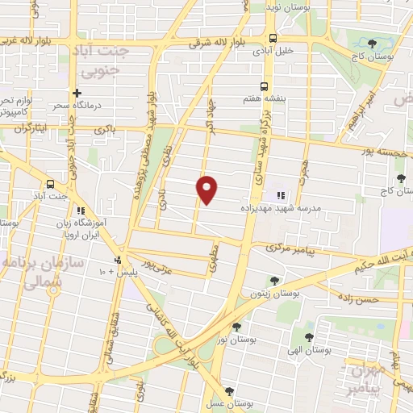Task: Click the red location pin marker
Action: coord(207,189)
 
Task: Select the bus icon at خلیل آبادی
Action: coord(273,38)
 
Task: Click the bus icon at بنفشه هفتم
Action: coord(264,86)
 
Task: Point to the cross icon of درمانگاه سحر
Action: coord(77,93)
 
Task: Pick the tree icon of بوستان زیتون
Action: coord(276,281)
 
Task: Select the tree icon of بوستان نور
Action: coord(236,327)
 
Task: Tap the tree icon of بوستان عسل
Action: coord(230,390)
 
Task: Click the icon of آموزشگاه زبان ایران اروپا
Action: coord(80,211)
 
